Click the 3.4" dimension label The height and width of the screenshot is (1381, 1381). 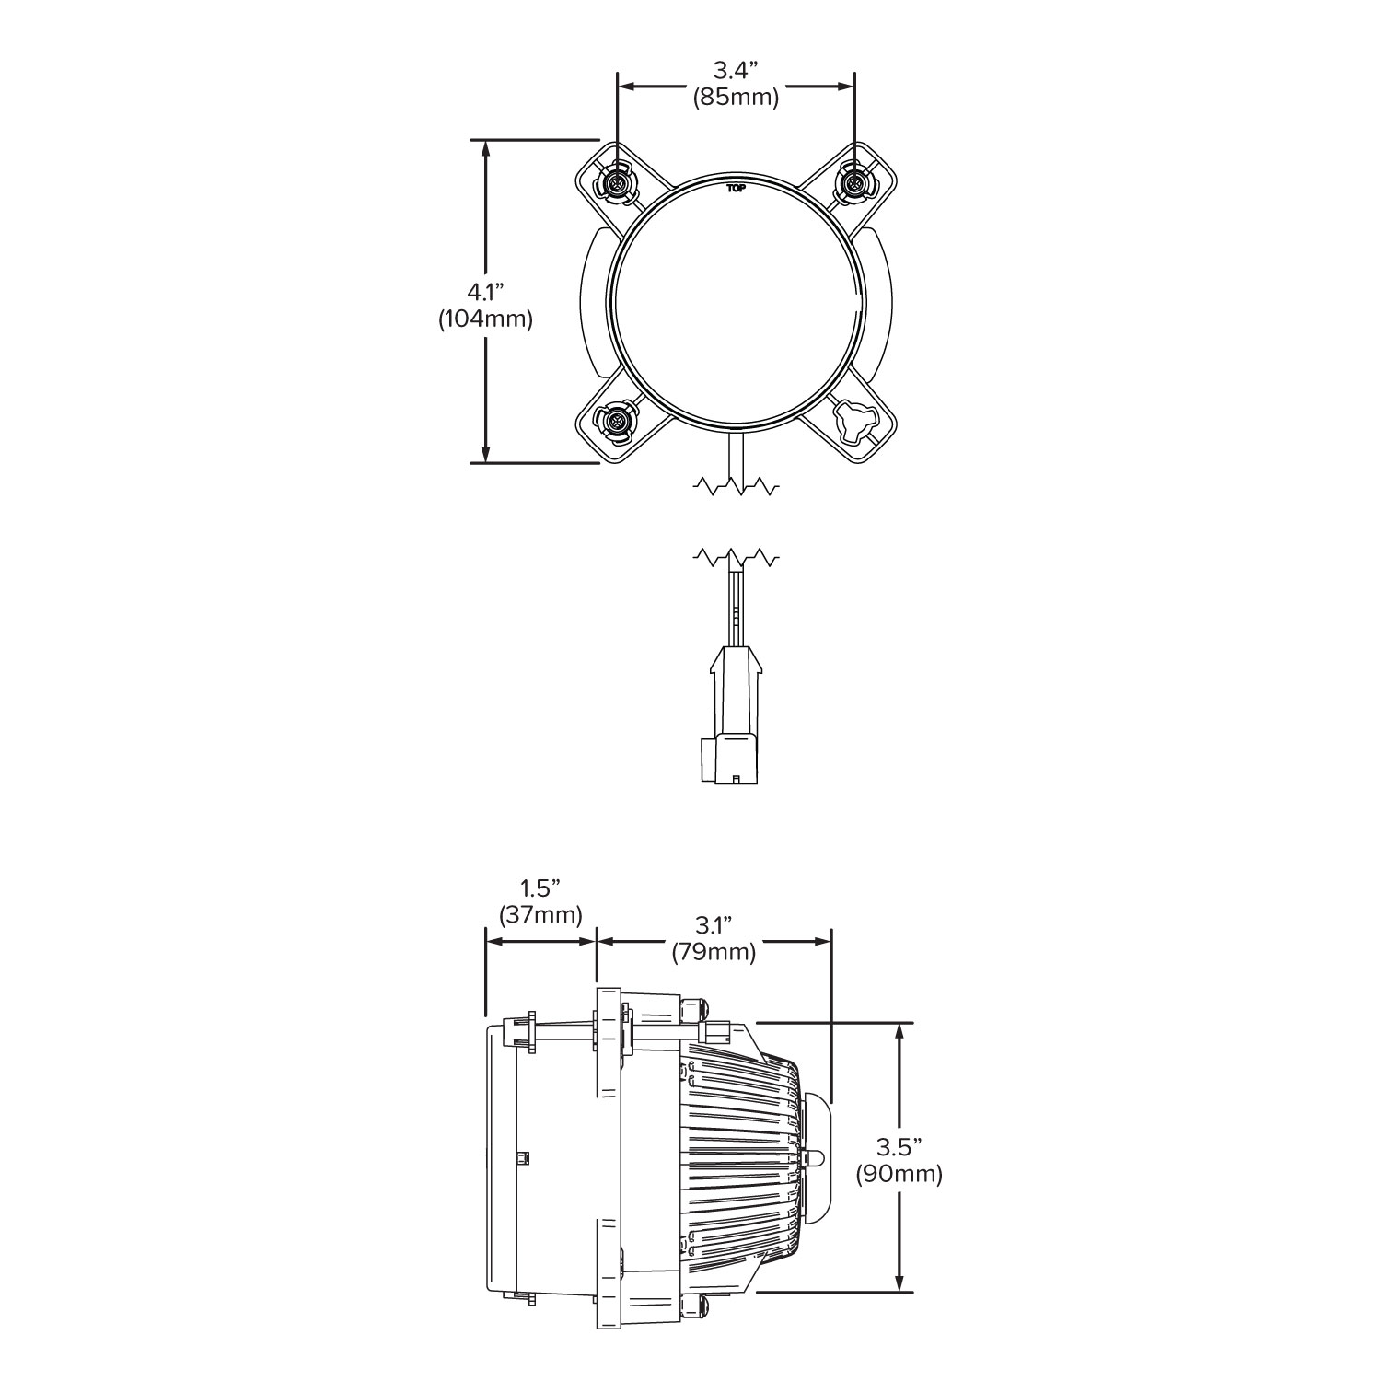(736, 70)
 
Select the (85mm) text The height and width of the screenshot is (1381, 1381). (736, 98)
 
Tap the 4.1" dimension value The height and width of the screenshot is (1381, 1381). (486, 292)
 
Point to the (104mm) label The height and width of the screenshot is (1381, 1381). (486, 319)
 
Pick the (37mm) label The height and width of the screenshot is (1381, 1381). (540, 915)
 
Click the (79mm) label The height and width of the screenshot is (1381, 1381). (714, 952)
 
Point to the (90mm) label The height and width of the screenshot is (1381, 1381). (899, 1174)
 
